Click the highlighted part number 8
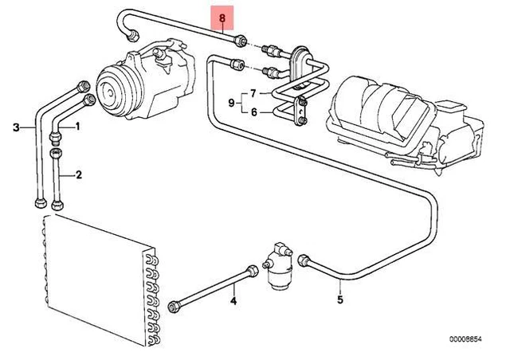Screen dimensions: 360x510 (222, 16)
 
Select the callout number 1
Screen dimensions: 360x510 (79, 127)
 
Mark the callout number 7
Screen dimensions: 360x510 (232, 104)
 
